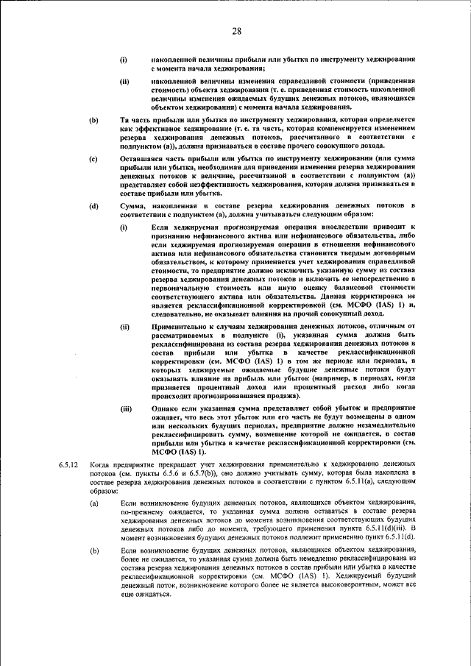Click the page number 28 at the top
(x=236, y=31)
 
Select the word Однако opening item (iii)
(x=167, y=407)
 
